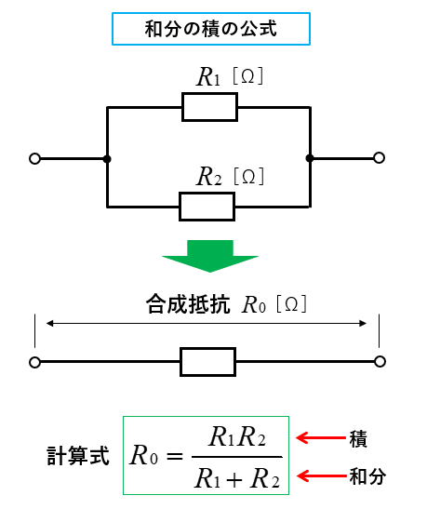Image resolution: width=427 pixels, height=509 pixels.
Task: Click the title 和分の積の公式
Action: pos(211,29)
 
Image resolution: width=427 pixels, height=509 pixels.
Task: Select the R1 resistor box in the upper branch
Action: pos(209,107)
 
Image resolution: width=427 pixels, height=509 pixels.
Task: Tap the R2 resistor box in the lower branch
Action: pos(207,207)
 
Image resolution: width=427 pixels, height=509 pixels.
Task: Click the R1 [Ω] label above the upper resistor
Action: pos(230,76)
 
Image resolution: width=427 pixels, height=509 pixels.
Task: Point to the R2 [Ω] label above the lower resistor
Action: pos(231,176)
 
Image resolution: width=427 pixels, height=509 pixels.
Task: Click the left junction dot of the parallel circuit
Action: pos(107,159)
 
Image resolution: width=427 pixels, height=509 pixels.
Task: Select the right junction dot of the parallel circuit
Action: pos(310,158)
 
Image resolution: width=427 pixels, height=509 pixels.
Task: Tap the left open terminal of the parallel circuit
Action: pos(34,159)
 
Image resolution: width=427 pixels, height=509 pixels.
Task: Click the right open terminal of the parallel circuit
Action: pos(379,158)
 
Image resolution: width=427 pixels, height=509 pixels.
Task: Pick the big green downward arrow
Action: pos(210,256)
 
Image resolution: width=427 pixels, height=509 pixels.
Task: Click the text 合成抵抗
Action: pos(188,304)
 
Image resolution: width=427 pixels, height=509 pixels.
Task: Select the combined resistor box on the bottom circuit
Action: pos(208,362)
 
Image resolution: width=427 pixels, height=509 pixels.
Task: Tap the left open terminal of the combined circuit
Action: pos(34,362)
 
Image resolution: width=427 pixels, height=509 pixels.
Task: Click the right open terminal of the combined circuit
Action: pos(380,361)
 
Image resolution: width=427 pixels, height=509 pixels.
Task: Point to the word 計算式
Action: pos(78,456)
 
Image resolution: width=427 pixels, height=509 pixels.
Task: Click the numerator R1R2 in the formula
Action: pos(237,436)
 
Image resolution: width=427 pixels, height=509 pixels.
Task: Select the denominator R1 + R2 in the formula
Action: pos(237,478)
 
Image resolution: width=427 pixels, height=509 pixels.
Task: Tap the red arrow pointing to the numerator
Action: pos(321,438)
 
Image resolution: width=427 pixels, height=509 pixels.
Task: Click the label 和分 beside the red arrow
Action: pos(367,476)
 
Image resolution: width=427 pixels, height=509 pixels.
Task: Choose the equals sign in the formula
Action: pos(175,456)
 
